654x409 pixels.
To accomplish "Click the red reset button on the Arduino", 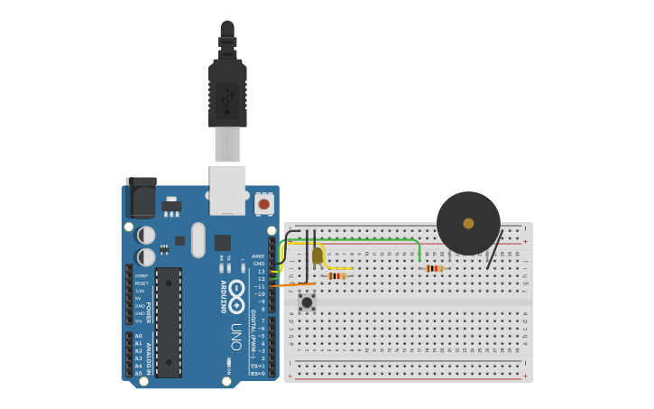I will coord(263,204).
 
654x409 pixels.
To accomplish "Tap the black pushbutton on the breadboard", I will coord(307,302).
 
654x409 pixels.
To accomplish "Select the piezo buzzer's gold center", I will coord(468,223).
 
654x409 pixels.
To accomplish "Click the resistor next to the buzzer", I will coord(434,268).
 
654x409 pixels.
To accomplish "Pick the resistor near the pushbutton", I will coord(337,275).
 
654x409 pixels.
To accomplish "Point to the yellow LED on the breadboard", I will coord(318,256).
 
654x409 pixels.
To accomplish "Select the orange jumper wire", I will coord(289,285).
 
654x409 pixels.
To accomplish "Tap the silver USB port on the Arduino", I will coord(227,189).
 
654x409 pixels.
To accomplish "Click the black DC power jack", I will coord(141,196).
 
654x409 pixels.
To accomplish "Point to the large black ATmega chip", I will coord(169,321).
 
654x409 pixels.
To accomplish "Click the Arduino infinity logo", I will coord(236,296).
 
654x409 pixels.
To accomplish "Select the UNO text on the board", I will coord(236,337).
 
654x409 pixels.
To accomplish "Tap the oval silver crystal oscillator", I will coord(198,240).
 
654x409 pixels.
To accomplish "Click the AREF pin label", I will coord(259,256).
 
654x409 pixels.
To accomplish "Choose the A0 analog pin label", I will coord(138,336).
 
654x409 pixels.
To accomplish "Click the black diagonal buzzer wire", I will coord(493,251).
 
